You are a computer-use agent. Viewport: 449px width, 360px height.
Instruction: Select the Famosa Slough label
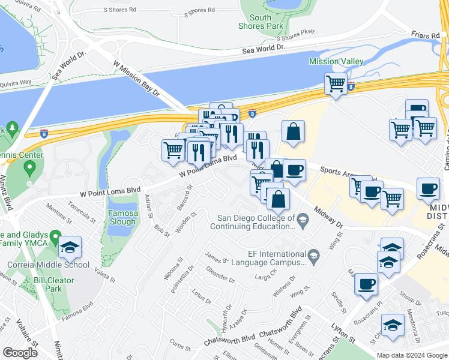(122, 217)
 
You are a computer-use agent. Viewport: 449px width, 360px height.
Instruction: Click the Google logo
(20, 353)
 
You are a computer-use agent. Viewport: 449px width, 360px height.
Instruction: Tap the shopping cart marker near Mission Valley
(336, 84)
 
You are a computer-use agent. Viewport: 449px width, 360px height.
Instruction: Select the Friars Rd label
(426, 36)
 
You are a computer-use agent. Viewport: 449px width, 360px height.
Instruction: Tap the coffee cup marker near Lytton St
(366, 285)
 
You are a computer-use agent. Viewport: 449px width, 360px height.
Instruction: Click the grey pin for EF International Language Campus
(313, 258)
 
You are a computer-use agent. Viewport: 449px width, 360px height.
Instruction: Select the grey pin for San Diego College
(303, 223)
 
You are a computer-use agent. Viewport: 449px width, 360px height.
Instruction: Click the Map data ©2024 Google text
(412, 355)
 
